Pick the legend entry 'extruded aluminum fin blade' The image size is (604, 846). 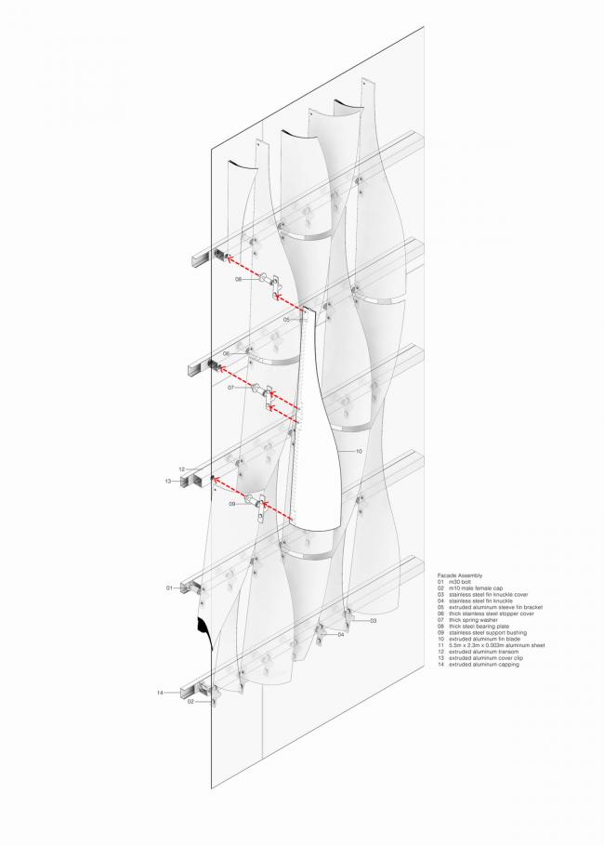483,638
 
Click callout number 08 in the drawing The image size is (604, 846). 238,279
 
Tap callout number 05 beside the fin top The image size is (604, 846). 287,319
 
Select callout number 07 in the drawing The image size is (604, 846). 230,387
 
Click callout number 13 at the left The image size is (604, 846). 168,482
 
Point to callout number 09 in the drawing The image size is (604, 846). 232,504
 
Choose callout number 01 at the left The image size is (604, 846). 170,588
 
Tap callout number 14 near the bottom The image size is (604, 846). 161,693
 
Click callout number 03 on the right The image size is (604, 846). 372,619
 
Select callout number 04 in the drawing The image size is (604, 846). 341,634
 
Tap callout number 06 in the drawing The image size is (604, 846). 226,354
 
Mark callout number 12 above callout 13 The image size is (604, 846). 182,469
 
